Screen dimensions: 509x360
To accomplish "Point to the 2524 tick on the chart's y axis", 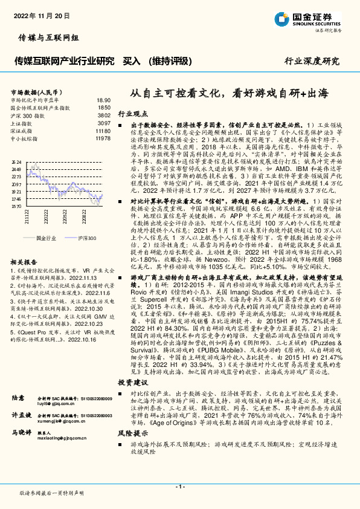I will point(16,162).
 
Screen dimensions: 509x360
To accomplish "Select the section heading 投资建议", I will point(132,366).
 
